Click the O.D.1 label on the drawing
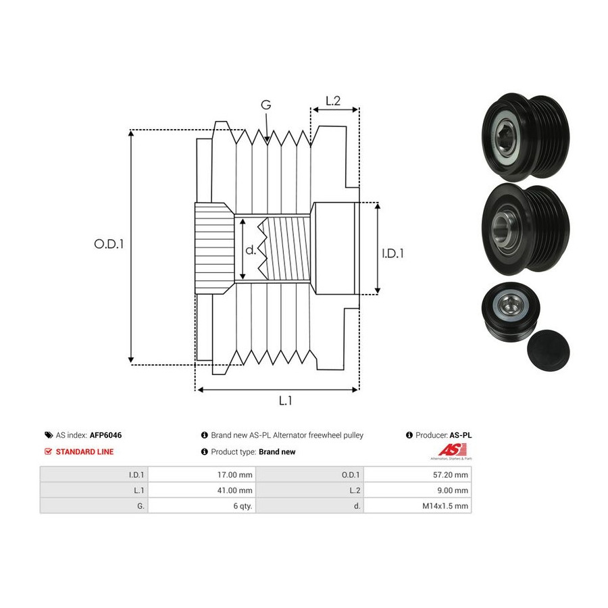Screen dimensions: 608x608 [x=109, y=244]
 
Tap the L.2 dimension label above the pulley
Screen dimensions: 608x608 [x=332, y=101]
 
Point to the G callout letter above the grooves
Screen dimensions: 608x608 [x=266, y=105]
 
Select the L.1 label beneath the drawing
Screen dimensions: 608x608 [x=285, y=401]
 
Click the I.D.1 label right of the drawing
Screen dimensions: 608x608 [x=392, y=253]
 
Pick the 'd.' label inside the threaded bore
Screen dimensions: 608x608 [x=251, y=250]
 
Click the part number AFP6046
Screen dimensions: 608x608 [x=105, y=435]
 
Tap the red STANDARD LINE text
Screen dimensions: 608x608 [x=84, y=452]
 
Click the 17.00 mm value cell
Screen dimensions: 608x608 [x=201, y=475]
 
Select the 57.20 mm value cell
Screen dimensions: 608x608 [x=417, y=475]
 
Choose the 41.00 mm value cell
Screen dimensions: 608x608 [x=201, y=490]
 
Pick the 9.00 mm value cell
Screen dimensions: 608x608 [x=417, y=490]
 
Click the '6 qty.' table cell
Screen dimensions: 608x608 [x=201, y=505]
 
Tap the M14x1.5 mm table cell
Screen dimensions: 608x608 [x=417, y=505]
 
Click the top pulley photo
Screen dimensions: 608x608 [x=526, y=137]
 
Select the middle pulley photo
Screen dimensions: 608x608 [x=526, y=229]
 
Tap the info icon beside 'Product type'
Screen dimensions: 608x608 [x=205, y=452]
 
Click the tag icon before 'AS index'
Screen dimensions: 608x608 [x=49, y=435]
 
